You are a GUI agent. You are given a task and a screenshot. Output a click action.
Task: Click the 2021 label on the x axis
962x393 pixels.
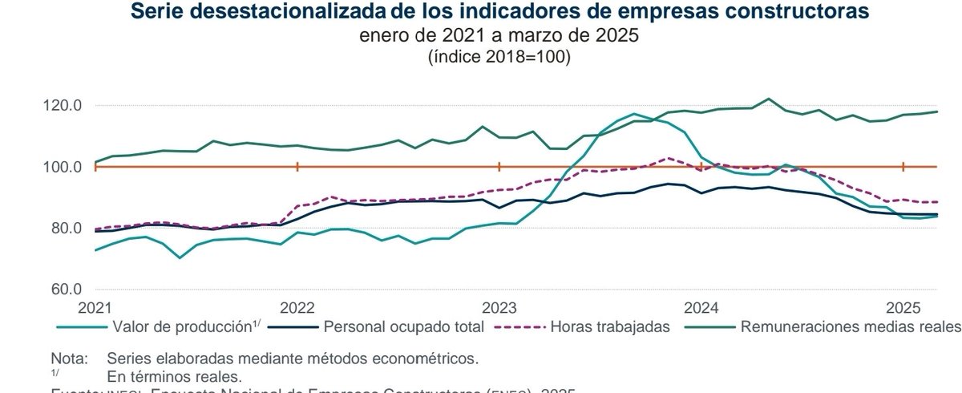click(x=95, y=308)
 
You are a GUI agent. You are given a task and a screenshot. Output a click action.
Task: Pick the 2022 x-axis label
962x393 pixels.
click(x=297, y=308)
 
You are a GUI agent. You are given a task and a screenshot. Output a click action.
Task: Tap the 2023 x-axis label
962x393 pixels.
click(x=499, y=308)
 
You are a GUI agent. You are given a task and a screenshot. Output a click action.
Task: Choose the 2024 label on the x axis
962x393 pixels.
click(x=701, y=308)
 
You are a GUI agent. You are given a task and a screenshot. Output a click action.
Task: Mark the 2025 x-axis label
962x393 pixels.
click(x=903, y=308)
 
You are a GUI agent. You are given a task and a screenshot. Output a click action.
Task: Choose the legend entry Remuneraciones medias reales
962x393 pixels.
click(x=851, y=326)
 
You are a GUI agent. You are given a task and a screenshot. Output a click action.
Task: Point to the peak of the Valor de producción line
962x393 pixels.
click(x=634, y=114)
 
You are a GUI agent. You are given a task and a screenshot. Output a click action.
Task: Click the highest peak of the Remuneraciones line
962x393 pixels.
click(x=768, y=99)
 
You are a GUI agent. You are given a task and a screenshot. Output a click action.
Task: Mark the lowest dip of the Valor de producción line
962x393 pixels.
click(x=180, y=257)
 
